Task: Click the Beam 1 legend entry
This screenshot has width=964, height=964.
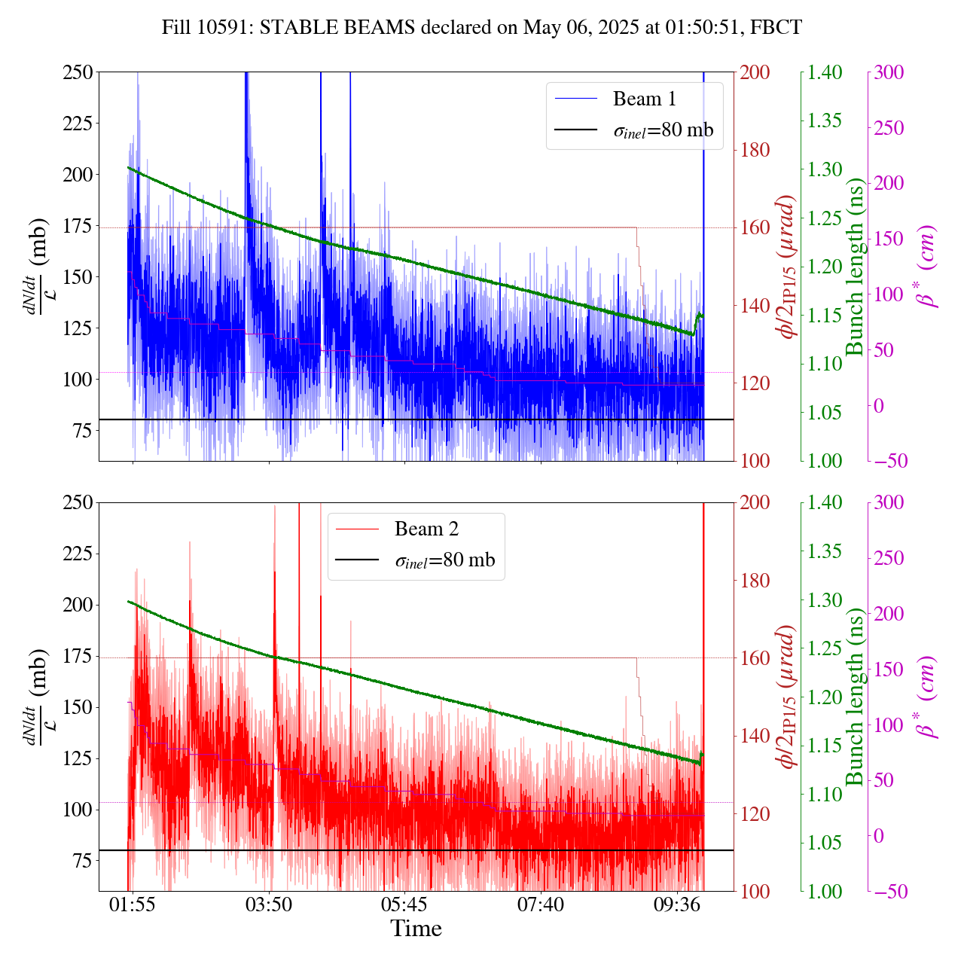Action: point(644,99)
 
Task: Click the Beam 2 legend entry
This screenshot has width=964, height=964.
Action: point(426,529)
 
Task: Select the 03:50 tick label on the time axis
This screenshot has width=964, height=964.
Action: point(269,904)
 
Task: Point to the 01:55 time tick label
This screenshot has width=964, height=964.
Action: point(133,904)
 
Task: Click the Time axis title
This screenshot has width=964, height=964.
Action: point(416,929)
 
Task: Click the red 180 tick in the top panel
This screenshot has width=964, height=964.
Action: point(755,150)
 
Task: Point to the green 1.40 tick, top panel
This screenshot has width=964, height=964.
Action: point(825,72)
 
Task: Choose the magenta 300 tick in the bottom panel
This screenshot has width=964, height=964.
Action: point(889,502)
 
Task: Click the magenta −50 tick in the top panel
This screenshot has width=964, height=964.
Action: point(889,461)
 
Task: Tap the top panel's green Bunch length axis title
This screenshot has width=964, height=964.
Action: point(855,267)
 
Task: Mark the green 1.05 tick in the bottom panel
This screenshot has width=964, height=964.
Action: point(825,843)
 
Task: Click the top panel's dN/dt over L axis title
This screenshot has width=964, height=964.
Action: point(36,267)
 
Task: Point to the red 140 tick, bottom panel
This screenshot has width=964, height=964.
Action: point(755,736)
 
